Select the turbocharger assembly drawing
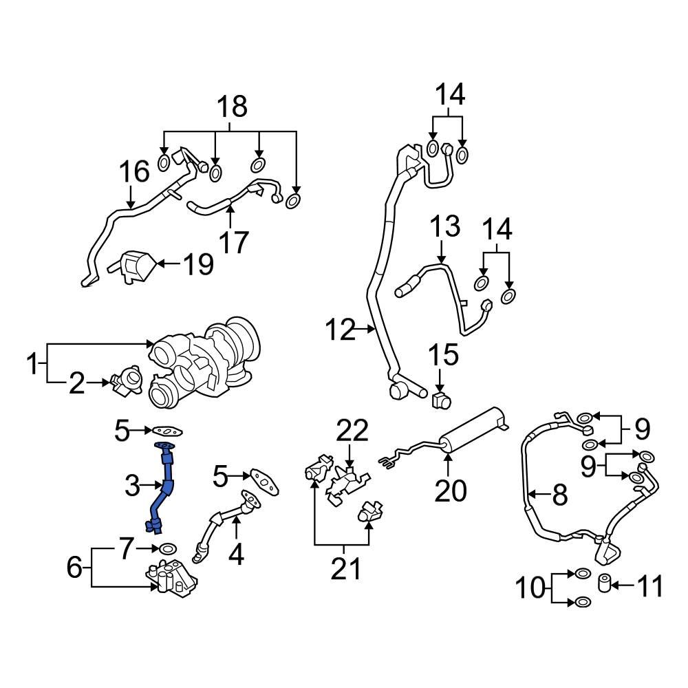point(206,361)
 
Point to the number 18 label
point(232,107)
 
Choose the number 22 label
point(352,432)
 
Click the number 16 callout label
point(134,172)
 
